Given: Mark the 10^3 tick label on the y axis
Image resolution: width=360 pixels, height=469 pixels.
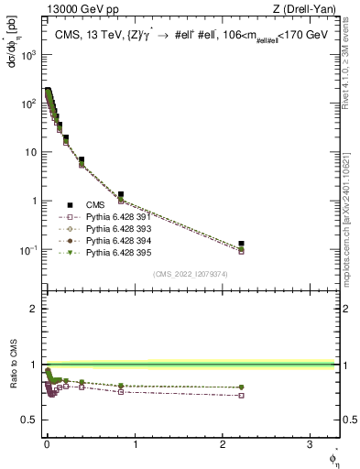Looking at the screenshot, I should coord(27,55).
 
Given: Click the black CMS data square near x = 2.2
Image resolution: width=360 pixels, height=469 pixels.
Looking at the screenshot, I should coord(241,244).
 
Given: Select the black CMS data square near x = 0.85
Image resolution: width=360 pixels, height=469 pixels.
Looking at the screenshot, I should coord(121,194).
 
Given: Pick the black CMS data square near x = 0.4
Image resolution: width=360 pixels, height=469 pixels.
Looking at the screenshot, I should coord(82,160).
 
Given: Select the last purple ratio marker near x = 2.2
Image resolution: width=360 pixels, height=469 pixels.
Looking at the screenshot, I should coord(241,396).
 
